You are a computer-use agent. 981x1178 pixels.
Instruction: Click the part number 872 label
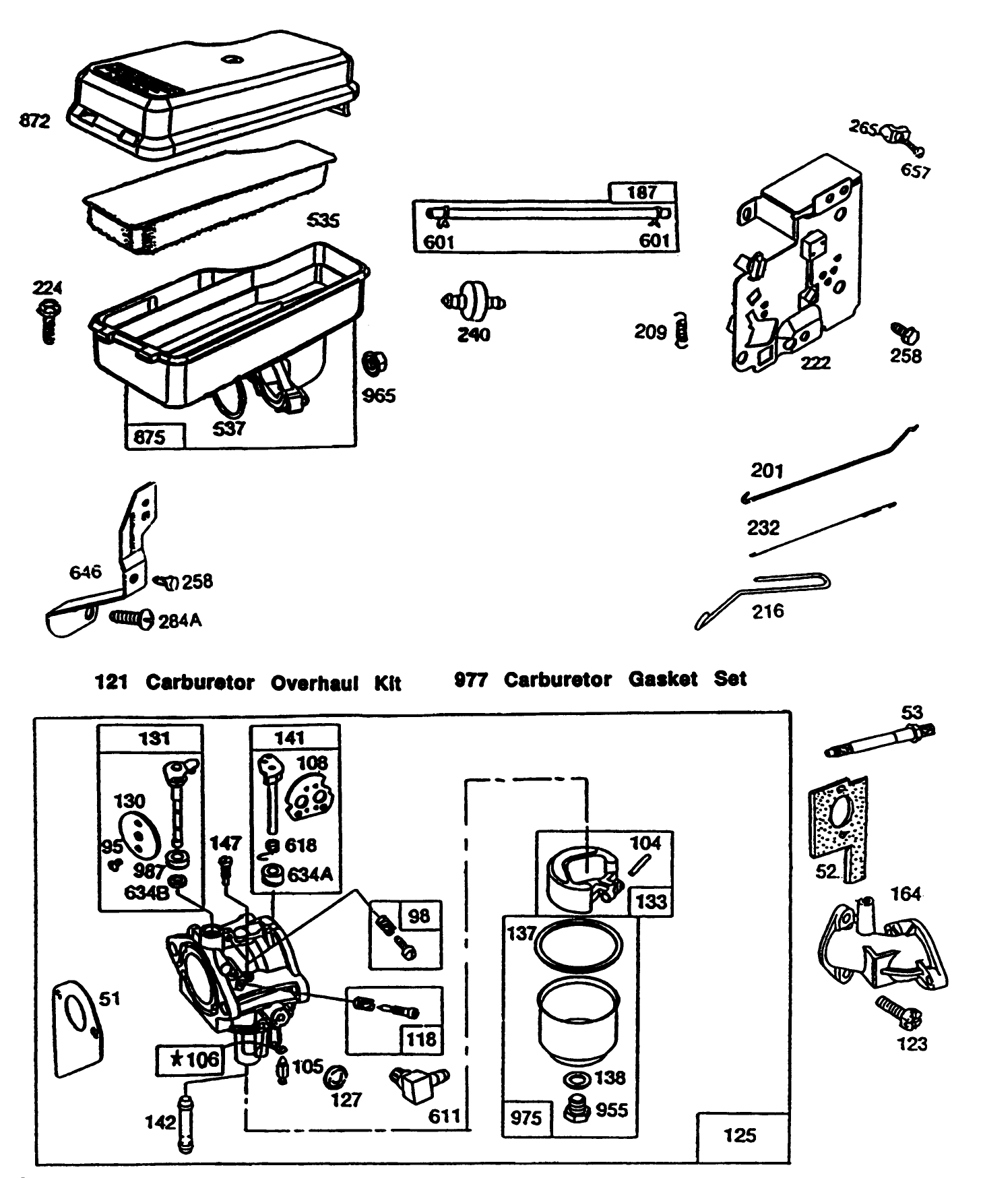pyautogui.click(x=35, y=121)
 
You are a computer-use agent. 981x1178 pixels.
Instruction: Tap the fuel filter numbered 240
pyautogui.click(x=474, y=301)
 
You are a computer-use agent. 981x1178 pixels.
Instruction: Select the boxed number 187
pyautogui.click(x=641, y=193)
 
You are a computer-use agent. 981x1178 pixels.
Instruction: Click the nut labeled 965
pyautogui.click(x=373, y=365)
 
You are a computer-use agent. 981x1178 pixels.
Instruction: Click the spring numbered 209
pyautogui.click(x=682, y=331)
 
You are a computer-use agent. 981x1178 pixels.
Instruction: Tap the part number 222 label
pyautogui.click(x=815, y=363)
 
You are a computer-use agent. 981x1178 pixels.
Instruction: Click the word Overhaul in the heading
pyautogui.click(x=315, y=683)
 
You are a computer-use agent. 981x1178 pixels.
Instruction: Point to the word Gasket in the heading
pyautogui.click(x=662, y=679)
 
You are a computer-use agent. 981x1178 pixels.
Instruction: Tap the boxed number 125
pyautogui.click(x=740, y=1136)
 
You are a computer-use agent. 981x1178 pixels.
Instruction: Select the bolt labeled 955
pyautogui.click(x=575, y=1109)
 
